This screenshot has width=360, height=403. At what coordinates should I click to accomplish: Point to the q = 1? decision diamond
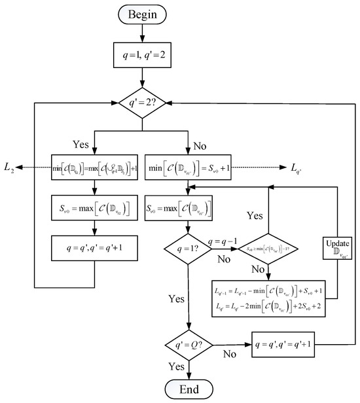(x=189, y=249)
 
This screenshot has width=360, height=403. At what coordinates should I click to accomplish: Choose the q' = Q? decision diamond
(x=189, y=343)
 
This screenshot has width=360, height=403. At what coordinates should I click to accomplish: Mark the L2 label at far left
(x=9, y=169)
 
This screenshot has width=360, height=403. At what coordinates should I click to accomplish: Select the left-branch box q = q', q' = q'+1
(x=95, y=249)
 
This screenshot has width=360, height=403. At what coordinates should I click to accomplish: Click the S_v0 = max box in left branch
(x=95, y=209)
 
